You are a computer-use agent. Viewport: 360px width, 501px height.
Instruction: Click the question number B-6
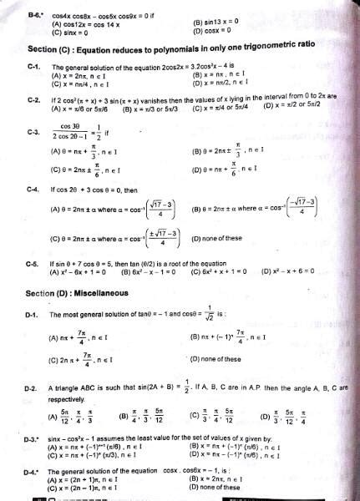coord(33,14)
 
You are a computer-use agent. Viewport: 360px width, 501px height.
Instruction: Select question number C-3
coord(33,131)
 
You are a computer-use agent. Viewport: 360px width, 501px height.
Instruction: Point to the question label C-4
coord(33,189)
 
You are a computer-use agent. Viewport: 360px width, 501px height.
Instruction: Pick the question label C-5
coord(33,263)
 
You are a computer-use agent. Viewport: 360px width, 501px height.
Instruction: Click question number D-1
coord(33,315)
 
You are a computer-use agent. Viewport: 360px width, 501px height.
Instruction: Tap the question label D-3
coord(33,438)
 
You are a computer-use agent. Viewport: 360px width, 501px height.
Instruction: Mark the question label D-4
coord(33,471)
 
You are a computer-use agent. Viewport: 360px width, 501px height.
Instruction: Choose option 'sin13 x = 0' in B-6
coord(219,22)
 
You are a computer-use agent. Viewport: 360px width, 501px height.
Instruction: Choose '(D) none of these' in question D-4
coord(219,487)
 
